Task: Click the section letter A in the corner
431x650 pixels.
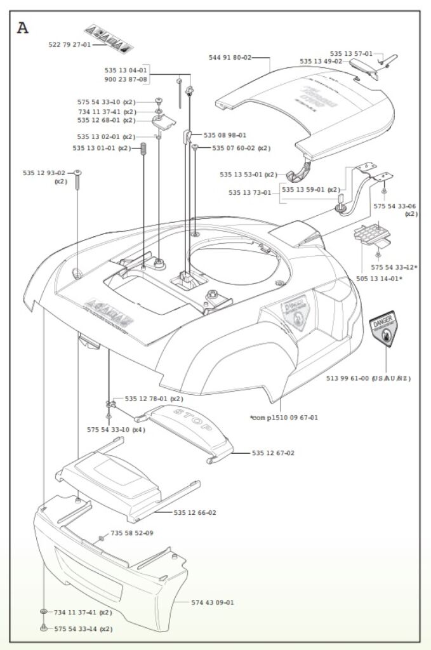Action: [23, 28]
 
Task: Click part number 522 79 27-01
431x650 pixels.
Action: [70, 45]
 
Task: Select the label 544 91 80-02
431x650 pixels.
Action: [230, 58]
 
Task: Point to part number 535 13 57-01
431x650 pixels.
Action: [352, 54]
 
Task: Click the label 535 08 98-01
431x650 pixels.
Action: [225, 135]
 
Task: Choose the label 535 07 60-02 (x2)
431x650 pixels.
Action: [241, 149]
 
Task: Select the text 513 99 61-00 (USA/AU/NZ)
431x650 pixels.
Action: [368, 378]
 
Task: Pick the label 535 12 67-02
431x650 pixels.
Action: [273, 453]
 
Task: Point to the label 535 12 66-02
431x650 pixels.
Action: [195, 512]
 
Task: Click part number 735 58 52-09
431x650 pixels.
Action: [132, 533]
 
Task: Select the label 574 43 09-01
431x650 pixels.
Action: [213, 602]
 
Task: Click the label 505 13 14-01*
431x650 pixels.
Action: [379, 278]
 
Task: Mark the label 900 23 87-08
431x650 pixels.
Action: [126, 79]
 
